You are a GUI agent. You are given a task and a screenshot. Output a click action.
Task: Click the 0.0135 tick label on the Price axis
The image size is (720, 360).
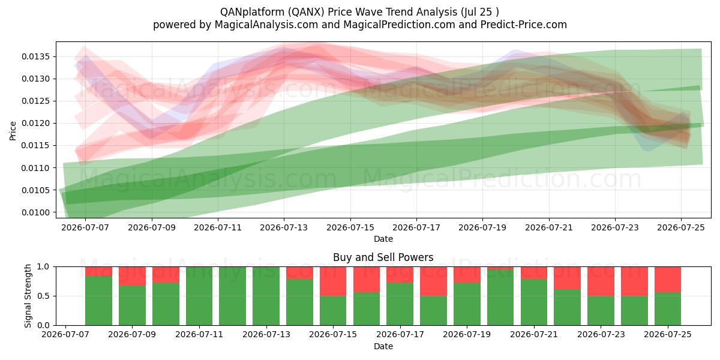(x=35, y=57)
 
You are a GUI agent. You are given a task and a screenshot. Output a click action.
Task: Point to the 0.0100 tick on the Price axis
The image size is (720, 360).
(x=35, y=213)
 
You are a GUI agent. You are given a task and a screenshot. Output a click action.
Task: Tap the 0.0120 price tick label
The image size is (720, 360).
(x=35, y=124)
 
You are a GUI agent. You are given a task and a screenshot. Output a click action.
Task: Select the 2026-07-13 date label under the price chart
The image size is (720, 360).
(x=284, y=228)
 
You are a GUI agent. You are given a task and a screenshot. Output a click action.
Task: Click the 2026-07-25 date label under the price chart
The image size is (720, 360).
(x=681, y=228)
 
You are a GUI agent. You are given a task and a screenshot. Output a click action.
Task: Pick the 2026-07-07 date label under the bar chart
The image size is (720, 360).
(x=65, y=335)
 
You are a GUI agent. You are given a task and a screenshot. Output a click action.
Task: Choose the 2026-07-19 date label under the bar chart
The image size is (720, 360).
(x=467, y=335)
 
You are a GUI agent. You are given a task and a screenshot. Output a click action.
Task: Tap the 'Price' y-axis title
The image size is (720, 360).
(x=13, y=131)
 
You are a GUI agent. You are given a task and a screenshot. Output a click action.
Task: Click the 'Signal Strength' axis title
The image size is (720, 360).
(x=28, y=296)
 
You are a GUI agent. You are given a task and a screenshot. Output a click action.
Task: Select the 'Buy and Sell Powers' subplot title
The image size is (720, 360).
(x=383, y=257)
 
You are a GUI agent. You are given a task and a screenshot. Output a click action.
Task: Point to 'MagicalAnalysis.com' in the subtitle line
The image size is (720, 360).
(x=266, y=25)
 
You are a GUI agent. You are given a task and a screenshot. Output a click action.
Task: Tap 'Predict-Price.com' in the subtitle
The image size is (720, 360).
(x=524, y=25)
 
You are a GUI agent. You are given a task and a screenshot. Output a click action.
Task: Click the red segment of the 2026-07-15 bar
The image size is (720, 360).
(x=333, y=281)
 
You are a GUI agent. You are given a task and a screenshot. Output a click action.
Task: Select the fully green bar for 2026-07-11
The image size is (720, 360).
(x=199, y=296)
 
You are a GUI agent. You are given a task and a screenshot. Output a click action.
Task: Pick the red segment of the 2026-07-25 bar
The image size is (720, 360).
(x=668, y=280)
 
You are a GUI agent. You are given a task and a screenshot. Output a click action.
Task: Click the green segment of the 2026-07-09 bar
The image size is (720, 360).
(x=132, y=305)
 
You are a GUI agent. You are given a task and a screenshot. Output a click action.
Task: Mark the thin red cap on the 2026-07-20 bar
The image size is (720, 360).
(x=500, y=268)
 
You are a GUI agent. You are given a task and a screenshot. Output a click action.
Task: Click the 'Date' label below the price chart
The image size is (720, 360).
(x=383, y=239)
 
